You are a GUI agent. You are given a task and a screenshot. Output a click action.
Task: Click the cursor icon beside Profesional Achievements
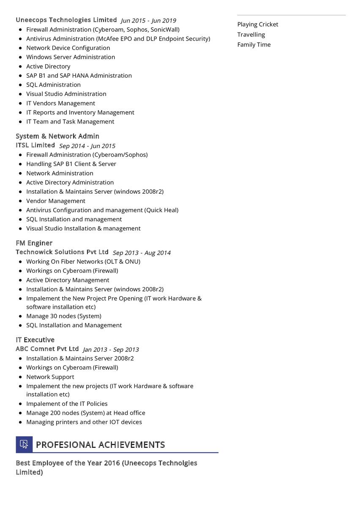pos(24,444)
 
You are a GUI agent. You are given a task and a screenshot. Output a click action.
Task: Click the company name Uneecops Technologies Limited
pos(66,20)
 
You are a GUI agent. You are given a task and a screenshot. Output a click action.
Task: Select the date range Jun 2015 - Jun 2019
pos(148,21)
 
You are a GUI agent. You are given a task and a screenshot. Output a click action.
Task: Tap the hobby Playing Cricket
pos(258,25)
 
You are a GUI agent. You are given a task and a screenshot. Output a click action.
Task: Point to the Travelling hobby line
pos(251,35)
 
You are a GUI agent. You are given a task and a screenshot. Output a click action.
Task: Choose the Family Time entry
pos(254,45)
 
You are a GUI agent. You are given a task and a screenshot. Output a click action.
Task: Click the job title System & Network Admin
pos(57,136)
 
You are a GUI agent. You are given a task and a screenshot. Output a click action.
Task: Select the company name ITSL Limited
pos(35,145)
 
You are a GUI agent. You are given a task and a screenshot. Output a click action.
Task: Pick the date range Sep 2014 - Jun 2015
pos(87,146)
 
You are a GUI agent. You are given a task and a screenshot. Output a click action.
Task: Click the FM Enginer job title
pos(34,243)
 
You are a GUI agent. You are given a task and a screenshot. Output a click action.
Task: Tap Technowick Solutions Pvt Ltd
pos(62,252)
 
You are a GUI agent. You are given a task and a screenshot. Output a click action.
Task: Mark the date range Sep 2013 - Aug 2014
pos(142,253)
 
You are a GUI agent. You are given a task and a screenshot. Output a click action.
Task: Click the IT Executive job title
pos(35,340)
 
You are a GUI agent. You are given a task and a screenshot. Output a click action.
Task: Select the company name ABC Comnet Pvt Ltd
pos(47,349)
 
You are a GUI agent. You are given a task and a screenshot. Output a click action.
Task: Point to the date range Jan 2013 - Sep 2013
pos(111,350)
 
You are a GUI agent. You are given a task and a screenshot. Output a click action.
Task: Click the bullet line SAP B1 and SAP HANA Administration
pos(79,76)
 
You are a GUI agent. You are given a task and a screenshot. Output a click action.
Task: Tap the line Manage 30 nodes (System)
pos(64,316)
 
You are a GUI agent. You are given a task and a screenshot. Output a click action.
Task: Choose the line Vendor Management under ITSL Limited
pos(56,201)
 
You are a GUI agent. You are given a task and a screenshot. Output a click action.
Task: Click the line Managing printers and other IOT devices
pos(84,422)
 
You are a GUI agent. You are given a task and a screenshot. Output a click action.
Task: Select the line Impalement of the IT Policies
pos(67,404)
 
